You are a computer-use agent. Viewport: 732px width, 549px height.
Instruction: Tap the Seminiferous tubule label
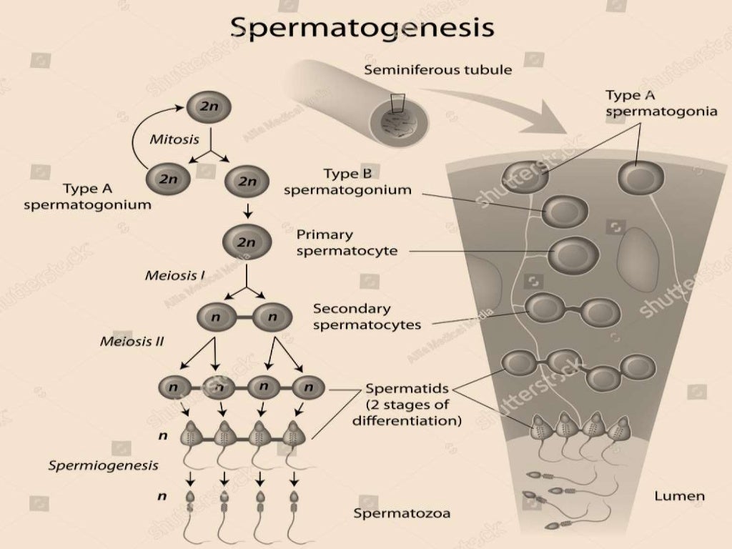pyautogui.click(x=437, y=70)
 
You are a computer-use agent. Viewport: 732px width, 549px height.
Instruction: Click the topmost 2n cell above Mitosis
pyautogui.click(x=208, y=107)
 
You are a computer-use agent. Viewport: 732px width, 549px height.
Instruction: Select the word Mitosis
pyautogui.click(x=174, y=139)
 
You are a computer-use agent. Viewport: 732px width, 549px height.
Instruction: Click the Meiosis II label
pyautogui.click(x=132, y=341)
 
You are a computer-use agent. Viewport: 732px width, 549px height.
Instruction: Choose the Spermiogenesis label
pyautogui.click(x=103, y=465)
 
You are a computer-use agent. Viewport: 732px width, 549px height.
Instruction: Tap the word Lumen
pyautogui.click(x=679, y=495)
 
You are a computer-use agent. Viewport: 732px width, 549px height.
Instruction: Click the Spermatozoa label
pyautogui.click(x=402, y=513)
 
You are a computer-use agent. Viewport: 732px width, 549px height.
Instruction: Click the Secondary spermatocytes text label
pyautogui.click(x=367, y=316)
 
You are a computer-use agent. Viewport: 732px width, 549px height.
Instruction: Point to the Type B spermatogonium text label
pyautogui.click(x=347, y=182)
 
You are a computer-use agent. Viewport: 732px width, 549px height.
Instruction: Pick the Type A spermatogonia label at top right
pyautogui.click(x=661, y=102)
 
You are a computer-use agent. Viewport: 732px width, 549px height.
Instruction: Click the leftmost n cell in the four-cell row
pyautogui.click(x=173, y=387)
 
